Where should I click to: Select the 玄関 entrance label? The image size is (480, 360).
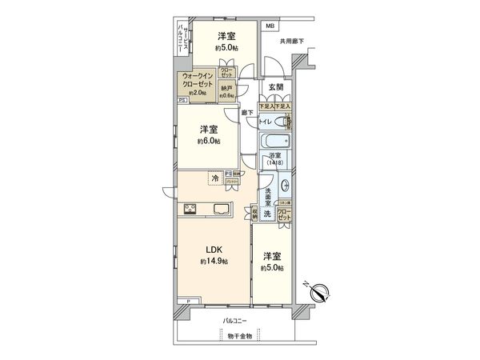click(276, 86)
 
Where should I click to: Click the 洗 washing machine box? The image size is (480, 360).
click(268, 214)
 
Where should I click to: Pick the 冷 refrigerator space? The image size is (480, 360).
click(214, 179)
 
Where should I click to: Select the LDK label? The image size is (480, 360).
click(214, 250)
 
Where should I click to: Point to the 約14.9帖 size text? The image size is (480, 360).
click(214, 262)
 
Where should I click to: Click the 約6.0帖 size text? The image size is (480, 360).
click(208, 142)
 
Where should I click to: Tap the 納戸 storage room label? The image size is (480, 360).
click(228, 89)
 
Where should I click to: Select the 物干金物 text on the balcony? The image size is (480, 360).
click(239, 336)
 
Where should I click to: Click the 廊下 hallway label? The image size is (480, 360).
click(248, 113)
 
